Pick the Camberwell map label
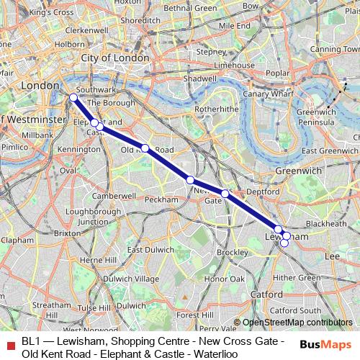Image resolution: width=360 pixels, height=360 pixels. pyautogui.click(x=109, y=195)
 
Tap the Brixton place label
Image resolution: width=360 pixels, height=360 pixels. pyautogui.click(x=67, y=233)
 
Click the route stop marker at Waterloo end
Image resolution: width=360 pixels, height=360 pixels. pyautogui.click(x=73, y=97)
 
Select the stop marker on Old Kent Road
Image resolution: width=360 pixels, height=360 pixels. pyautogui.click(x=145, y=148)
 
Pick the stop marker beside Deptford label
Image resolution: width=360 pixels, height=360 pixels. pyautogui.click(x=225, y=193)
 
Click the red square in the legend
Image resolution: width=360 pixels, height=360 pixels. pyautogui.click(x=10, y=343)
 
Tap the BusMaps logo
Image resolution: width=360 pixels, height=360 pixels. pyautogui.click(x=323, y=343)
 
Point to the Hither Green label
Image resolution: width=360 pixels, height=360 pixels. pyautogui.click(x=297, y=277)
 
